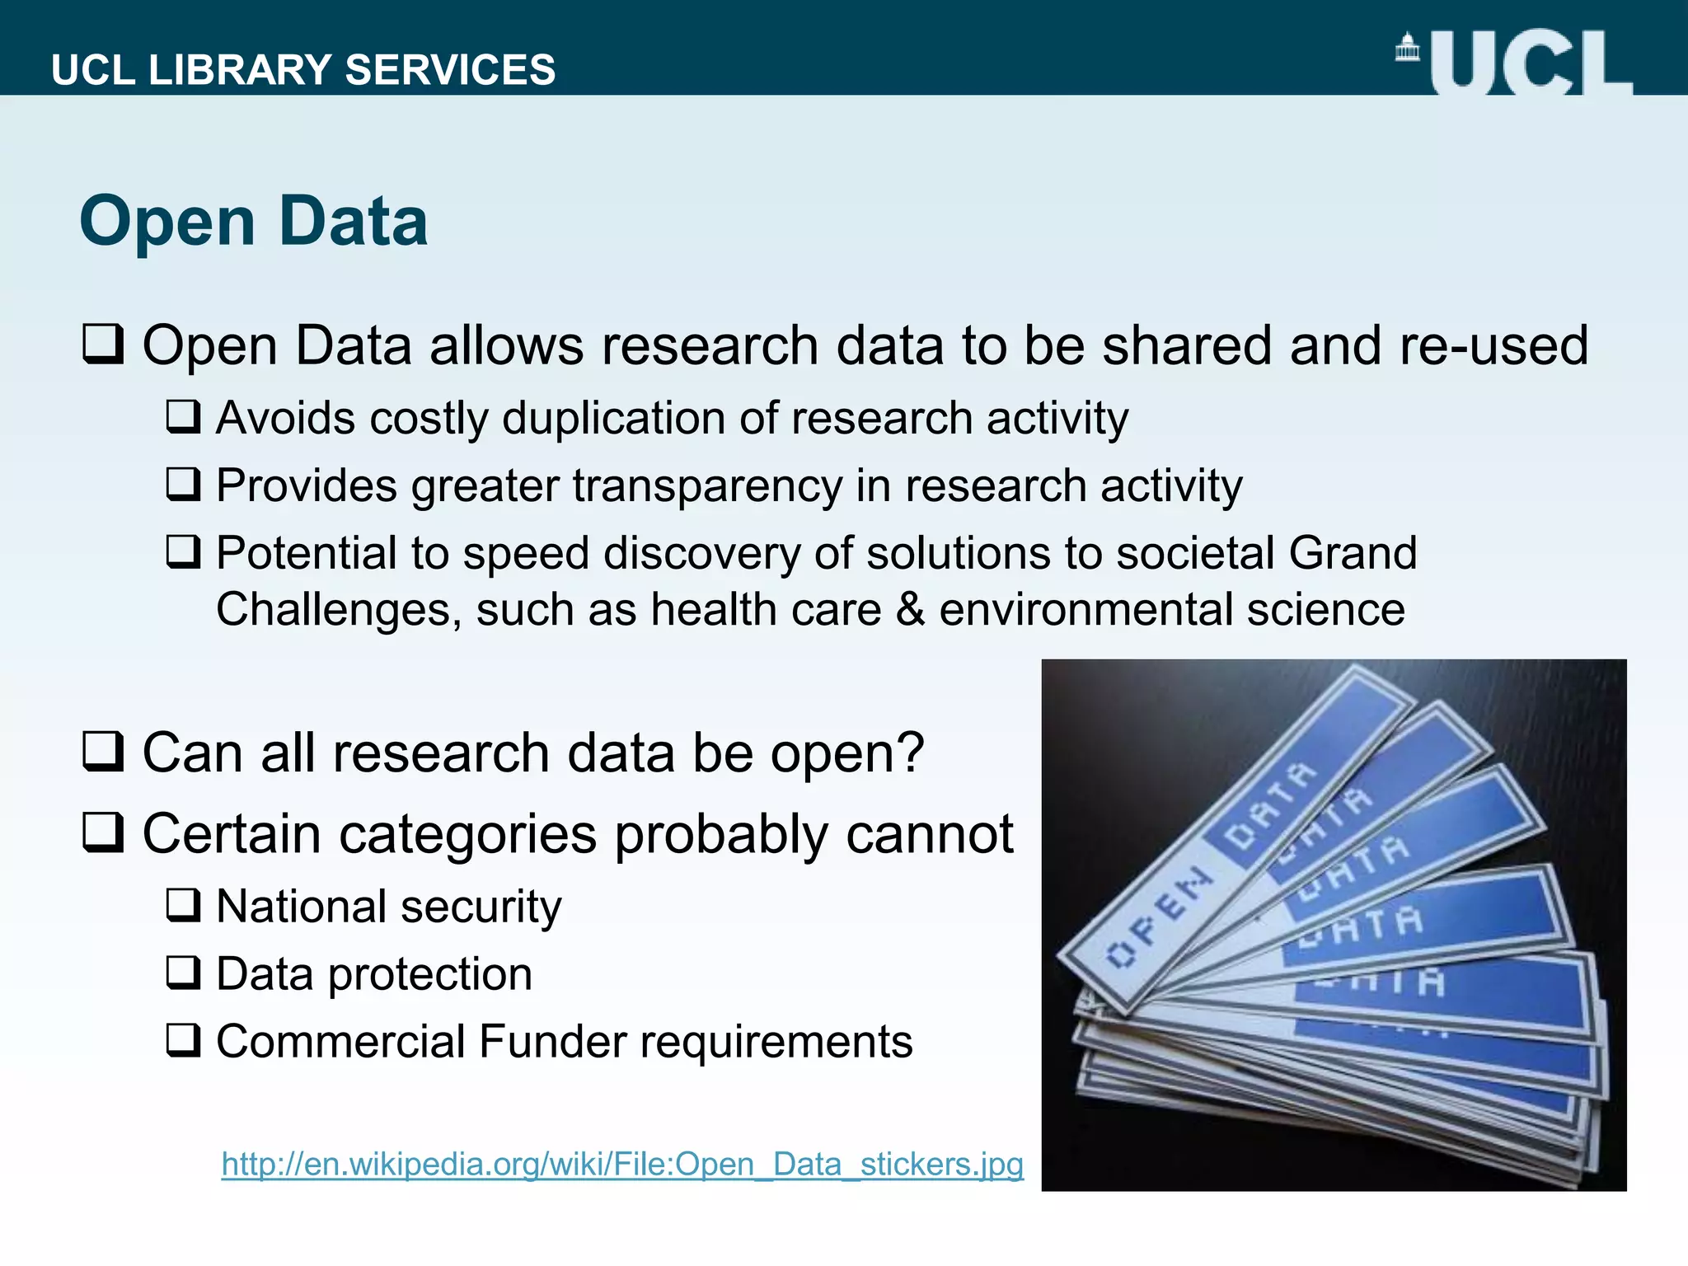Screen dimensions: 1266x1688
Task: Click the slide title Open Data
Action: (x=254, y=221)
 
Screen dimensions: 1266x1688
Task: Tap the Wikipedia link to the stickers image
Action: (x=622, y=1164)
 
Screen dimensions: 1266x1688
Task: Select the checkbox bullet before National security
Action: (x=183, y=905)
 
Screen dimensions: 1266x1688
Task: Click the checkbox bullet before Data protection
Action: (x=183, y=973)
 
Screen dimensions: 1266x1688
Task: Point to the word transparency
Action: (x=707, y=485)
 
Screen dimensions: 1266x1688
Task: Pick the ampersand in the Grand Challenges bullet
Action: (x=910, y=610)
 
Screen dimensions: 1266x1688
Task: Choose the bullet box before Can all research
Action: (x=104, y=751)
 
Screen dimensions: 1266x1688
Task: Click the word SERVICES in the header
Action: (x=450, y=70)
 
